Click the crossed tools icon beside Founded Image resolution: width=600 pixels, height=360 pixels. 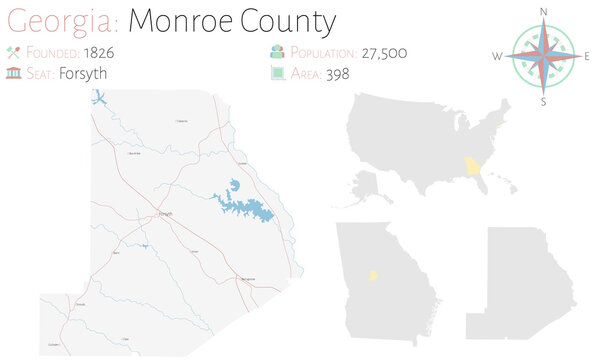tap(14, 52)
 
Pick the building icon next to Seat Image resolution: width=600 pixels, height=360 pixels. tap(14, 73)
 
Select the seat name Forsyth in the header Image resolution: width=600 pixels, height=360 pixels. tap(83, 73)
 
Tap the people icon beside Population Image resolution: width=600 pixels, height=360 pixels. tap(275, 52)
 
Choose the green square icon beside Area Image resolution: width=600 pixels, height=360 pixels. tap(275, 73)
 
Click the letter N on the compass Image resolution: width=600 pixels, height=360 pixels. tap(544, 11)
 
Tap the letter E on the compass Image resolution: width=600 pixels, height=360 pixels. tap(588, 56)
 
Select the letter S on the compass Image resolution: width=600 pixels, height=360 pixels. tap(544, 100)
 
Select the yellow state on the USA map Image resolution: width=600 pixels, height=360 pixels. tap(471, 166)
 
